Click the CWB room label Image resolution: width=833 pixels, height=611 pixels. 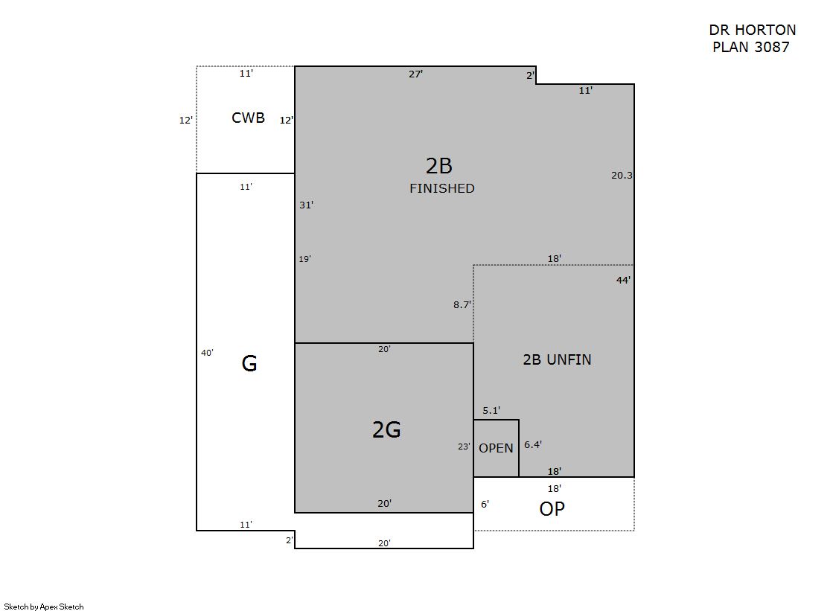[248, 118]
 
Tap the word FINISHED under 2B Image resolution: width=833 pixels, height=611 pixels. [442, 188]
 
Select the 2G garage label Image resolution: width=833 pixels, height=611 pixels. [386, 429]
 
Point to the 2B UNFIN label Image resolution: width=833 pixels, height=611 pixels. [557, 359]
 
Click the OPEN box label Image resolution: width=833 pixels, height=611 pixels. [496, 448]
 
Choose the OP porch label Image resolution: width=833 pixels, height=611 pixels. [552, 508]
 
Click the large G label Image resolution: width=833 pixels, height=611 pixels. [249, 363]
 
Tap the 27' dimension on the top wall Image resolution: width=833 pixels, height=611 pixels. [415, 74]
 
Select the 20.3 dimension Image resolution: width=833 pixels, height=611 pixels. [622, 175]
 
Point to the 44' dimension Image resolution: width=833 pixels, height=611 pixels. [623, 280]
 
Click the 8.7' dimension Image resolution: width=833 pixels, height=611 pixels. [462, 304]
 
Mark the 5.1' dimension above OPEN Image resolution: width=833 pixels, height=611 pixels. [491, 410]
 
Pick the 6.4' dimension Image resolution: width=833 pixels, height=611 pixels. [533, 444]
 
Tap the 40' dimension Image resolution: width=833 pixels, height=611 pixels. [207, 352]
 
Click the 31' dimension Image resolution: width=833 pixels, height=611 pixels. [306, 205]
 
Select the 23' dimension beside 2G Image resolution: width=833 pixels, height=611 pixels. [464, 447]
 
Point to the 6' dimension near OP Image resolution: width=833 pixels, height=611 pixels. [485, 504]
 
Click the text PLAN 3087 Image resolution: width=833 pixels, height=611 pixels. [750, 47]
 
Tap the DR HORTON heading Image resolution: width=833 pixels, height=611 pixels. [753, 30]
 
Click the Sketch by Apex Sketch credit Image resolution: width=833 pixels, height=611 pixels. [44, 607]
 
